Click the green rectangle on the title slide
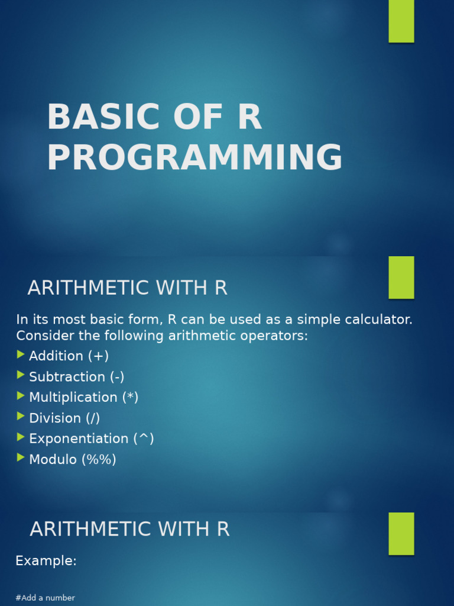point(401,21)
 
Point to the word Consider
point(44,336)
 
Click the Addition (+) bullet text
point(69,356)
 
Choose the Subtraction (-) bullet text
point(76,377)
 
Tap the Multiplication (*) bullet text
point(83,398)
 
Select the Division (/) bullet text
point(64,418)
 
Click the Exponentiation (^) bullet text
point(91,439)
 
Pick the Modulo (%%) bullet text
point(72,460)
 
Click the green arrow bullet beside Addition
point(21,355)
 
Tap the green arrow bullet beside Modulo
point(21,457)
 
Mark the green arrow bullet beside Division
point(21,417)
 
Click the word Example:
point(46,561)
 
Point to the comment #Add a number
point(45,598)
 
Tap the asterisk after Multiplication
point(130,397)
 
